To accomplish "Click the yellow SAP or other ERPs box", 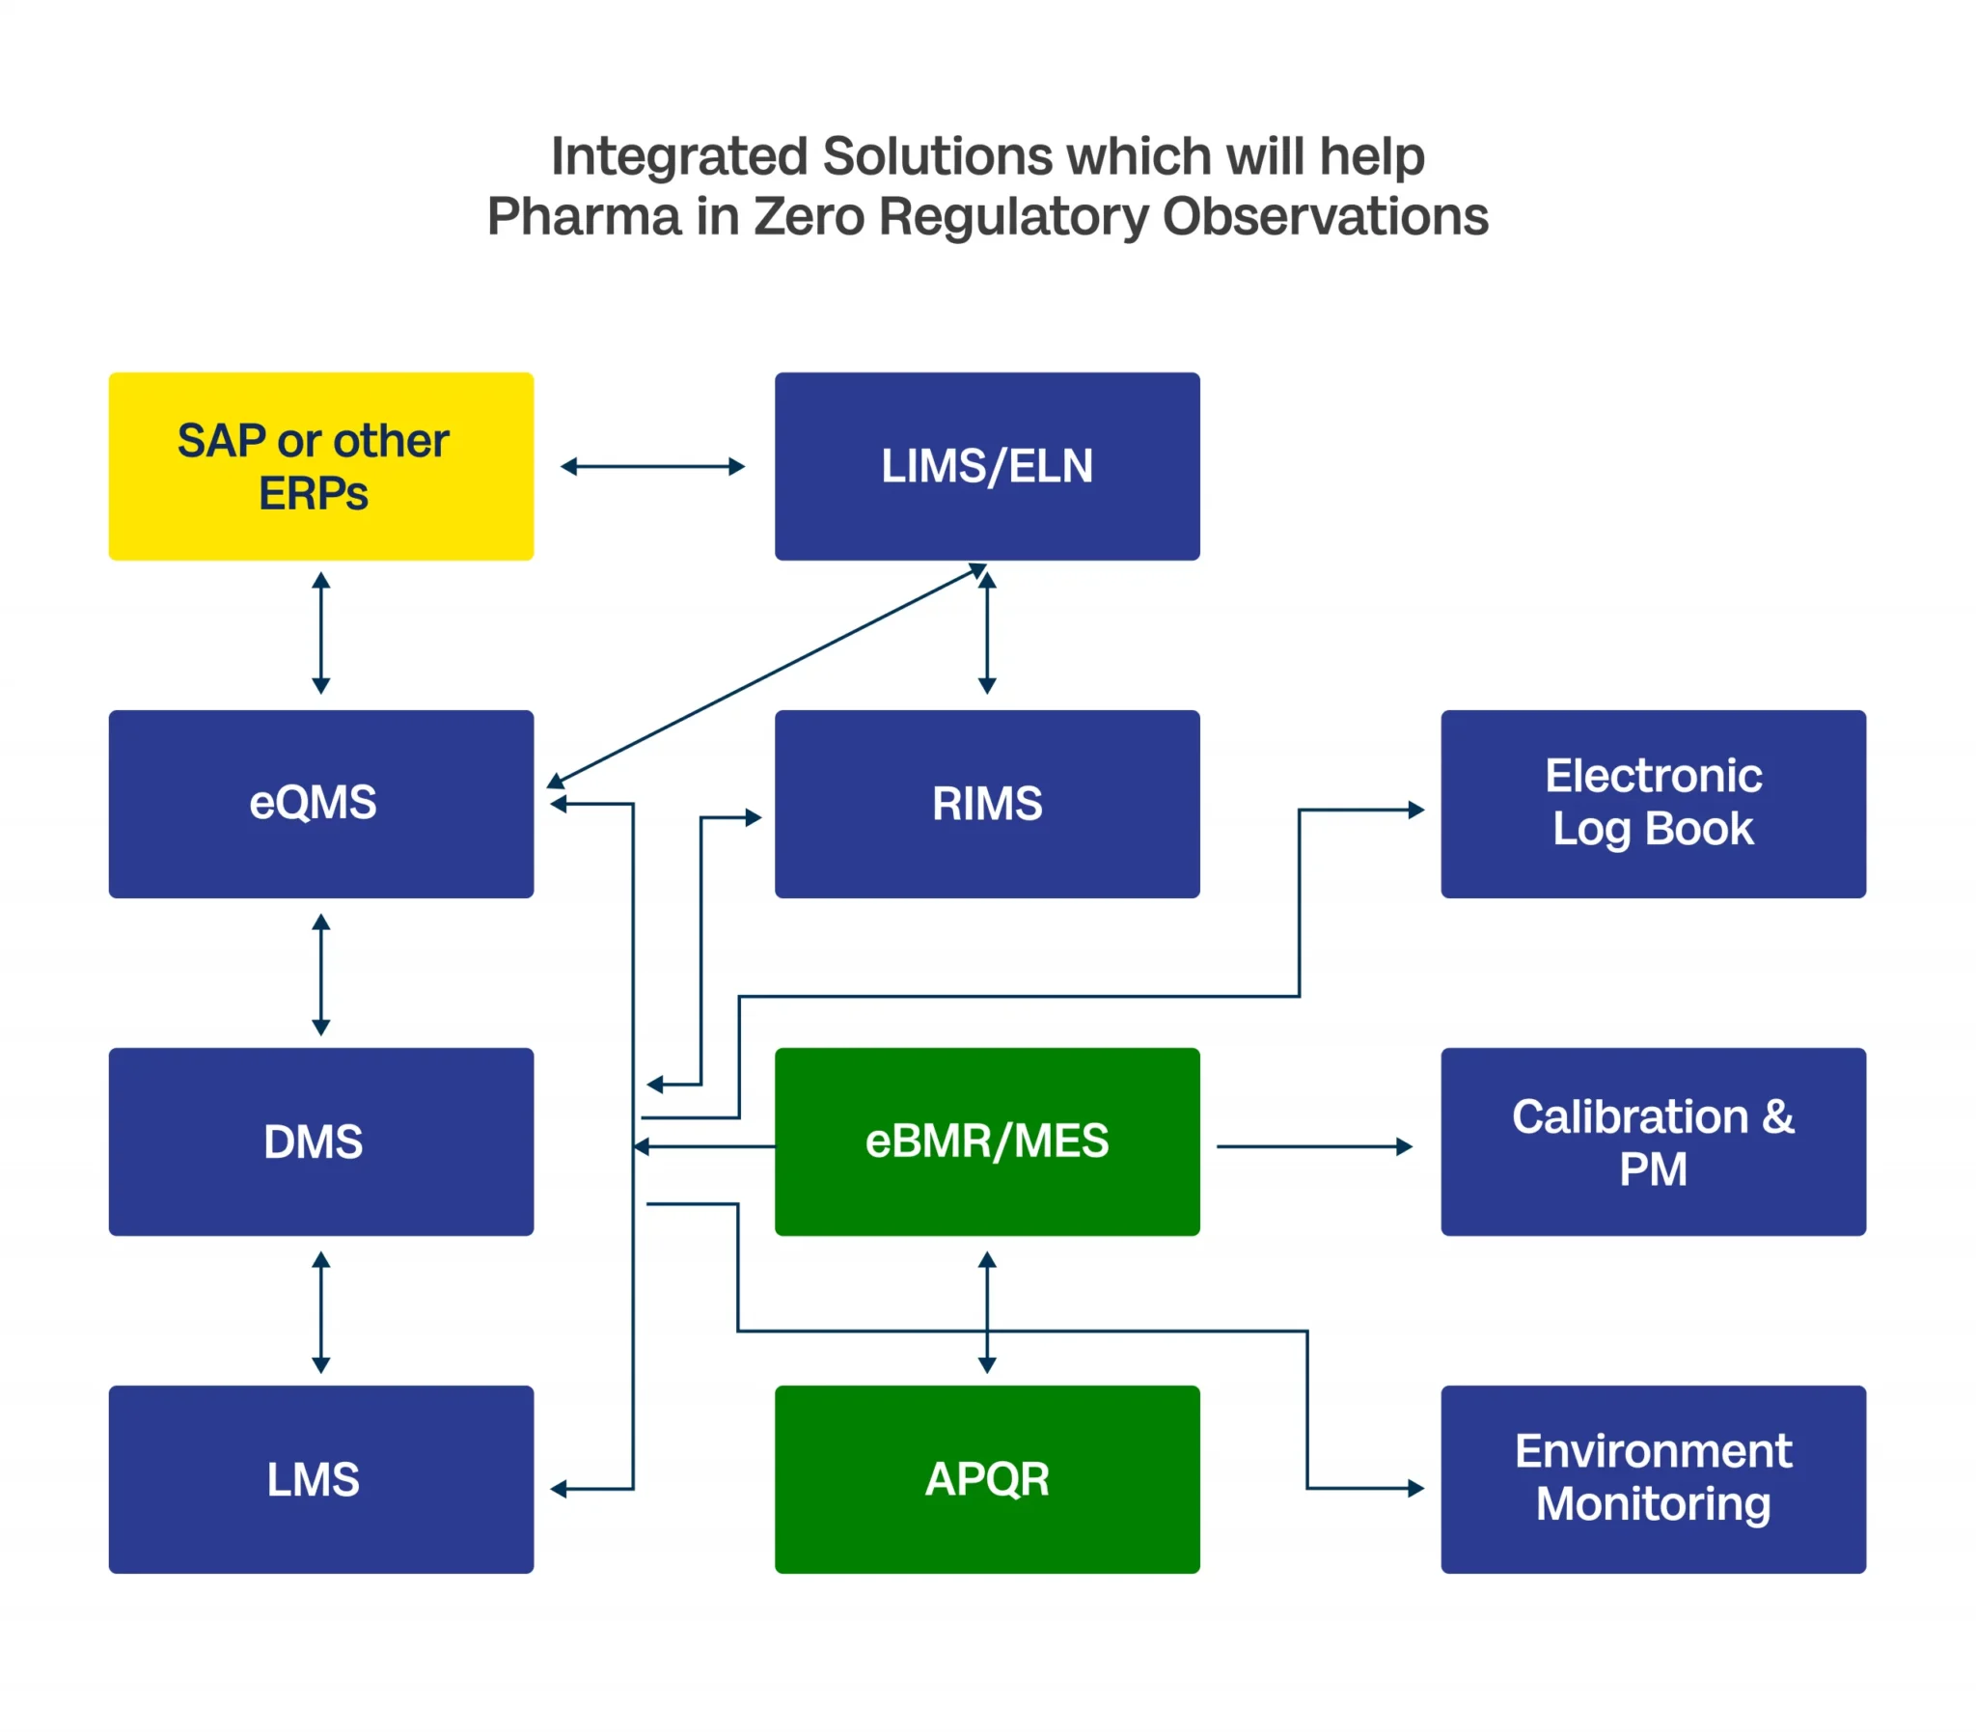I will [320, 466].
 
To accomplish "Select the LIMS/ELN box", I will [986, 466].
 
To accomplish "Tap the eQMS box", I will [320, 803].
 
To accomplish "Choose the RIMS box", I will [986, 803].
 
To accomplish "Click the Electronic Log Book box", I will [1653, 803].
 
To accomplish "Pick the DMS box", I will [320, 1141].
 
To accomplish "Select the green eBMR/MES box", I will [986, 1141].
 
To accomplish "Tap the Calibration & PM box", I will [1653, 1141].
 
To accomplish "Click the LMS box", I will [320, 1479].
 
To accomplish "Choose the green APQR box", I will [986, 1479].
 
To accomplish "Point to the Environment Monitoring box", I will [1653, 1479].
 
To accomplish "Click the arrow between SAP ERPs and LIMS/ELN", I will [653, 467].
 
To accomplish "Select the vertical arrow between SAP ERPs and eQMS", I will [321, 633].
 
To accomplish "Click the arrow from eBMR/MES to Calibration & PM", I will [1314, 1146].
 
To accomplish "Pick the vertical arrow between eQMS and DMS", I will [321, 975].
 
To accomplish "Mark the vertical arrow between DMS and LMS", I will [321, 1311].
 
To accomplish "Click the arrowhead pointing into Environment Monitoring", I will [1416, 1489].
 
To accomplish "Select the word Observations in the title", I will [1325, 216].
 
